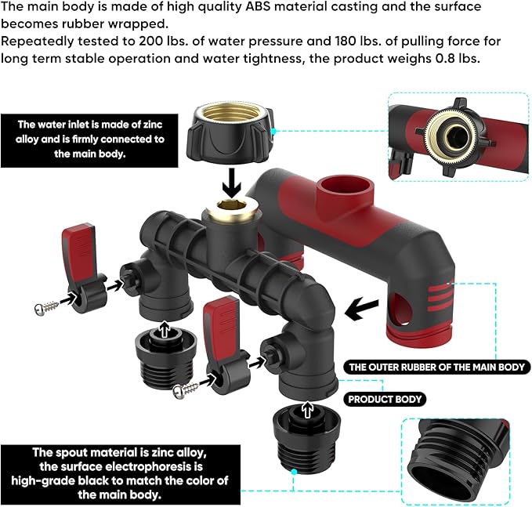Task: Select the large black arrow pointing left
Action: pyautogui.click(x=367, y=307)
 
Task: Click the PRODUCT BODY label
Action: pyautogui.click(x=385, y=399)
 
